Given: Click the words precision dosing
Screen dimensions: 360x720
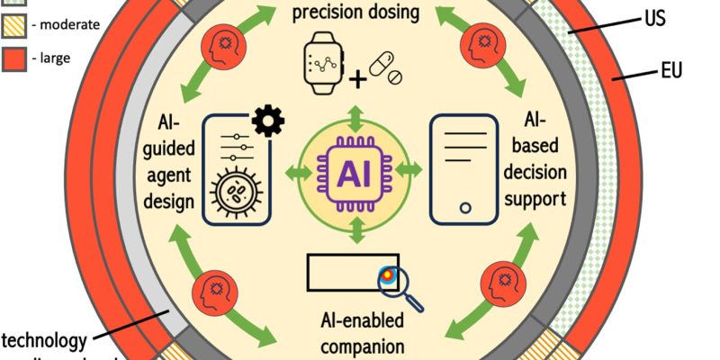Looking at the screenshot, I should (x=356, y=13).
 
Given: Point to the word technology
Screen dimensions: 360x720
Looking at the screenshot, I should (x=44, y=340).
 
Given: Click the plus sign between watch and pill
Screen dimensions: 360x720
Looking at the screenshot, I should (x=358, y=80).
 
